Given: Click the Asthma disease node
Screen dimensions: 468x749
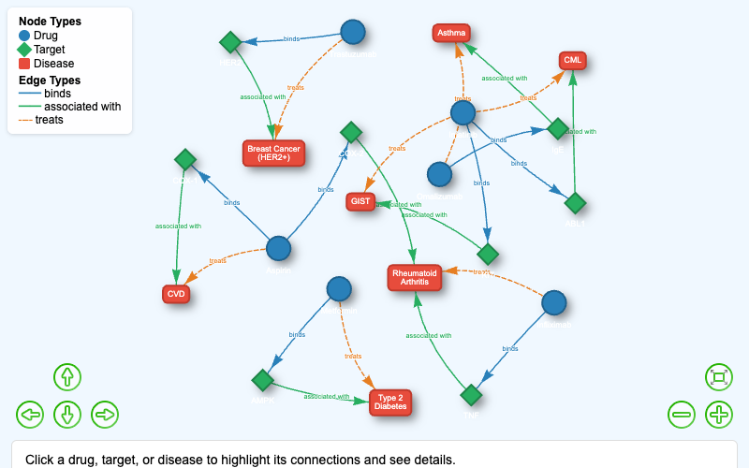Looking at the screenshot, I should click(451, 33).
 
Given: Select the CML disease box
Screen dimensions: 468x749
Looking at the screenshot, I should click(573, 61).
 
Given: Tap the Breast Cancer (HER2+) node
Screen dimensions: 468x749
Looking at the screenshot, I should click(273, 153).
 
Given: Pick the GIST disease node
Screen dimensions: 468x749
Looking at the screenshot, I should click(360, 201).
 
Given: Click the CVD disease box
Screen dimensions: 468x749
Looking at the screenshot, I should click(176, 294).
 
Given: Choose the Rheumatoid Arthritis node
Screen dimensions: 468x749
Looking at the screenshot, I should click(415, 277).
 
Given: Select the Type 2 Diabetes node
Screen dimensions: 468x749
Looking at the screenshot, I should click(390, 402).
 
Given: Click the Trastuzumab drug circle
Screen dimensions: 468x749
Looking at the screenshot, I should click(353, 32).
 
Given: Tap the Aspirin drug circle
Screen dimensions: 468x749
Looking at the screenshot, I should click(279, 248).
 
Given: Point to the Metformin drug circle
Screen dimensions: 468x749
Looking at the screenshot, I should click(339, 288).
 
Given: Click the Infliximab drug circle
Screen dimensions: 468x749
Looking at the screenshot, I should click(554, 302).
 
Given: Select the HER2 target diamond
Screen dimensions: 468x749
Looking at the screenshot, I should click(230, 42).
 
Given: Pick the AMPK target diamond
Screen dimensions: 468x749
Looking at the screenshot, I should click(262, 380).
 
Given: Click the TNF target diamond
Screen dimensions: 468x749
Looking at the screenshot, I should click(471, 395).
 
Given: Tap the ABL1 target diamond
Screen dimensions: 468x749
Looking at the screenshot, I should click(575, 203).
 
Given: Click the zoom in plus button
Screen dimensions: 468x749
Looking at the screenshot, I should click(719, 414).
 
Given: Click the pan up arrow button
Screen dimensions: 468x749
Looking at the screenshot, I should click(67, 377).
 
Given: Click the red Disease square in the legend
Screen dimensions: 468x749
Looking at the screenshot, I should click(24, 64).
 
